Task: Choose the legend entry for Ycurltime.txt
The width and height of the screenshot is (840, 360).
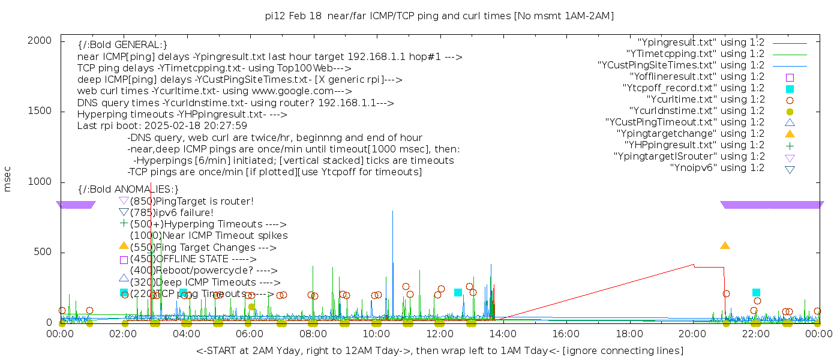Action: pos(705,100)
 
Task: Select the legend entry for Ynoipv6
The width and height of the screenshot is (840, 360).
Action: pos(717,168)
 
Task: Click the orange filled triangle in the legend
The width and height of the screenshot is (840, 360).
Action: pos(790,134)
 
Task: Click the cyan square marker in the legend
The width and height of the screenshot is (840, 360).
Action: pos(790,88)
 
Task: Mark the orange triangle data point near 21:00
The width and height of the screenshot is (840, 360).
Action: pos(725,245)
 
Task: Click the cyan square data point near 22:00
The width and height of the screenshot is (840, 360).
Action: pos(756,293)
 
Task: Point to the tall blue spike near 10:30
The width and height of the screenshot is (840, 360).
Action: pos(393,211)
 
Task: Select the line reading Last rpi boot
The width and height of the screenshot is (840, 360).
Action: pos(162,126)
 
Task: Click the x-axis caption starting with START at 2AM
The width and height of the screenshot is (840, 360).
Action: pos(439,350)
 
